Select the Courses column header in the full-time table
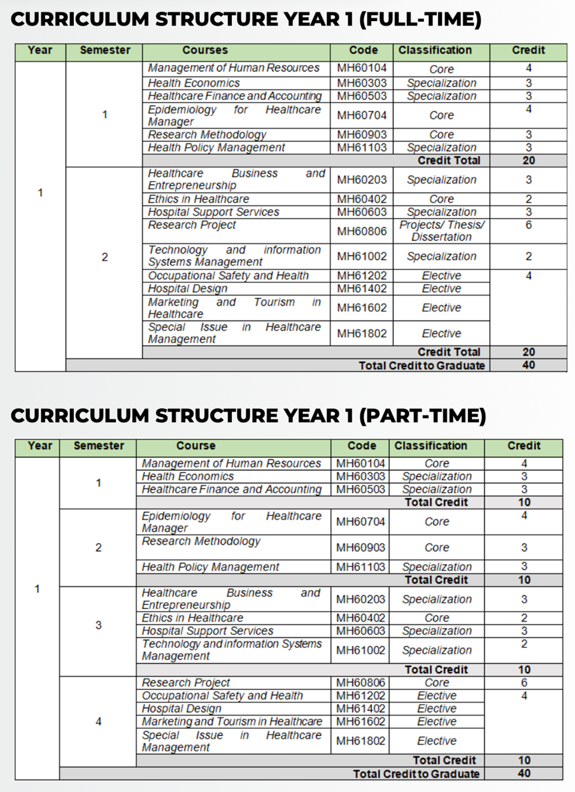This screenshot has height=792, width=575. pyautogui.click(x=204, y=50)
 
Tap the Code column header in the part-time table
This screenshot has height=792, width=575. pyautogui.click(x=362, y=446)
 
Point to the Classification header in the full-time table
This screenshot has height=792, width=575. pyautogui.click(x=435, y=50)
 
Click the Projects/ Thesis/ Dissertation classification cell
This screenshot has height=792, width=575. pyautogui.click(x=441, y=231)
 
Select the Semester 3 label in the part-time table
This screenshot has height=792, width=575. pyautogui.click(x=98, y=624)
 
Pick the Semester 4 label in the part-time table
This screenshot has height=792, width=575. pyautogui.click(x=98, y=722)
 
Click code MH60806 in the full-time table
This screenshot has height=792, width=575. pyautogui.click(x=362, y=231)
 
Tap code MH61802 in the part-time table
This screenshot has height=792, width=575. pyautogui.click(x=360, y=741)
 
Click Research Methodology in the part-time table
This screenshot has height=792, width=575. pyautogui.click(x=201, y=541)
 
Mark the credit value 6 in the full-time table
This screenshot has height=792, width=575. pyautogui.click(x=529, y=225)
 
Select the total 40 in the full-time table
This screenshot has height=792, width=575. pyautogui.click(x=529, y=365)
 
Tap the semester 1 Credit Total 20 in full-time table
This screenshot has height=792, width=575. pyautogui.click(x=529, y=161)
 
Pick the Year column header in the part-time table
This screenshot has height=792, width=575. pyautogui.click(x=39, y=446)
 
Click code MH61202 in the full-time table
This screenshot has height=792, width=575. pyautogui.click(x=362, y=276)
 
